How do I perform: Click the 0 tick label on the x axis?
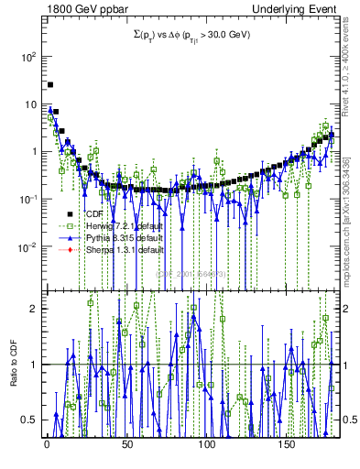click(47, 443)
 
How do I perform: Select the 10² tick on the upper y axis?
click(27, 56)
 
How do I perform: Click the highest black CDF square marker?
click(50, 85)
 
